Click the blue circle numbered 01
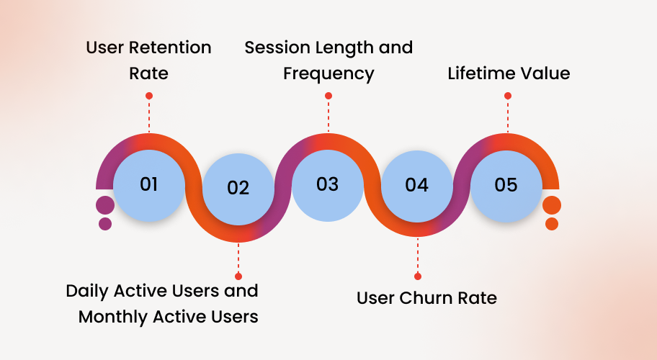(x=149, y=185)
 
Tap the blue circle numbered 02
(x=238, y=189)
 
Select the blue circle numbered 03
(x=327, y=185)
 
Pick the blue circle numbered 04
(x=416, y=186)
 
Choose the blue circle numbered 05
(x=506, y=185)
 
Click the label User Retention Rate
(x=148, y=60)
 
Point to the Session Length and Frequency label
(x=328, y=60)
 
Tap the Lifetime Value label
(x=509, y=73)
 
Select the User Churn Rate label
(x=426, y=298)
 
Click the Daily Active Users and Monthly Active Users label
(x=162, y=303)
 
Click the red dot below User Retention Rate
(x=149, y=96)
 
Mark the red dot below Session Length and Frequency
(x=328, y=96)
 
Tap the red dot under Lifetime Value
(x=508, y=96)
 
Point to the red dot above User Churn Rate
(x=417, y=276)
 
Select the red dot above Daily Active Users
(x=238, y=276)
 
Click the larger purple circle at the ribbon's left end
(x=105, y=205)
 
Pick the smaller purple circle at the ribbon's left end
(x=105, y=224)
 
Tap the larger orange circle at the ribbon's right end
(x=552, y=205)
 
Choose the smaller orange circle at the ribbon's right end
(x=552, y=224)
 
